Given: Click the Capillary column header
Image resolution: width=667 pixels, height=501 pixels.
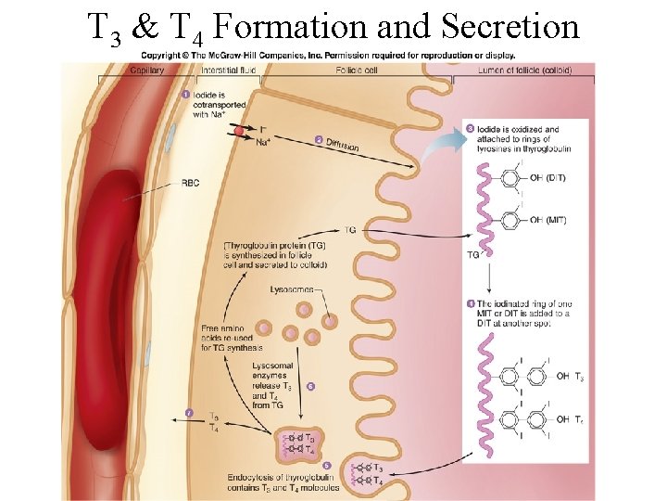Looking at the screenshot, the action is [148, 71].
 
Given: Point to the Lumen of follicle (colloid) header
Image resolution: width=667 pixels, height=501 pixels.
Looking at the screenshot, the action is [524, 71].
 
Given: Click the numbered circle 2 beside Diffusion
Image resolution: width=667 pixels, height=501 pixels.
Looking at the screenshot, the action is [319, 140].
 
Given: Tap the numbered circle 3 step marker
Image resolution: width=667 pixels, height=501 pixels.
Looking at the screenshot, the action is [471, 128].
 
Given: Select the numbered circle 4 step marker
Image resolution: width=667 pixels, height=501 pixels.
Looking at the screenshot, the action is [471, 304].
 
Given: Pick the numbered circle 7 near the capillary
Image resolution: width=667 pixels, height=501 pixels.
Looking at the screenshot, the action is [190, 412].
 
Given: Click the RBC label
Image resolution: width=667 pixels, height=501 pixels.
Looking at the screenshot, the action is [190, 183].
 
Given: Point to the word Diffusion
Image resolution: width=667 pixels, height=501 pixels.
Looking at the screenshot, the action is [343, 145].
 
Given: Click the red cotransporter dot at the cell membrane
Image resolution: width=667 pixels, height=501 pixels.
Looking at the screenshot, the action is [239, 133].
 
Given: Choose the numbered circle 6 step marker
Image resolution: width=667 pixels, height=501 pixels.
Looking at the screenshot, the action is [310, 385].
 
